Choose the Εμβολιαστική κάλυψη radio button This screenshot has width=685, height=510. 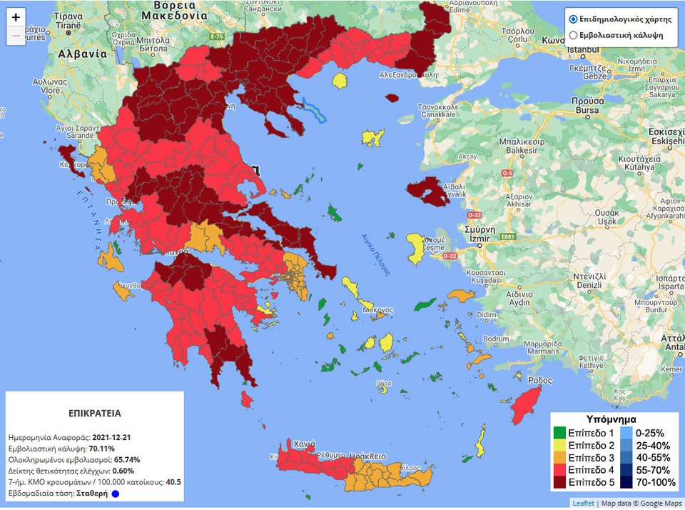[572, 35]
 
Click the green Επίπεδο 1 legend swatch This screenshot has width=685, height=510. [559, 433]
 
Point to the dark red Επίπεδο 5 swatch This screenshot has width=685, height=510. [559, 483]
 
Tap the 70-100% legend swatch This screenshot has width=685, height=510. [626, 483]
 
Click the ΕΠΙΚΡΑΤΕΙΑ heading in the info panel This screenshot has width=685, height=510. [94, 413]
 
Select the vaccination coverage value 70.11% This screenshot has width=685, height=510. [102, 448]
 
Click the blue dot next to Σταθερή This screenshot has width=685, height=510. [116, 494]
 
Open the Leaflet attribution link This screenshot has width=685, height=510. [583, 503]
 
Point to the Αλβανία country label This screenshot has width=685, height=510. [64, 54]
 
